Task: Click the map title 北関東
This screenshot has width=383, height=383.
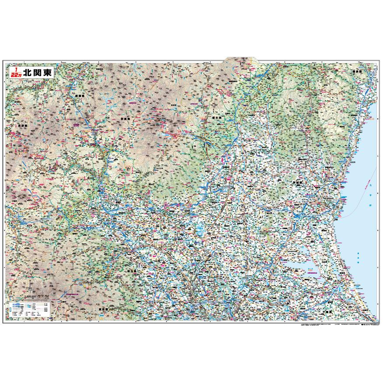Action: pos(39,73)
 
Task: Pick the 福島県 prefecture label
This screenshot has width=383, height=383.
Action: pos(358,71)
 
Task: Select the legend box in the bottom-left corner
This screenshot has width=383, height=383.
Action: pos(28,309)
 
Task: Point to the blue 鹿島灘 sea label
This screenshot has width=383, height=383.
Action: pos(357,258)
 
